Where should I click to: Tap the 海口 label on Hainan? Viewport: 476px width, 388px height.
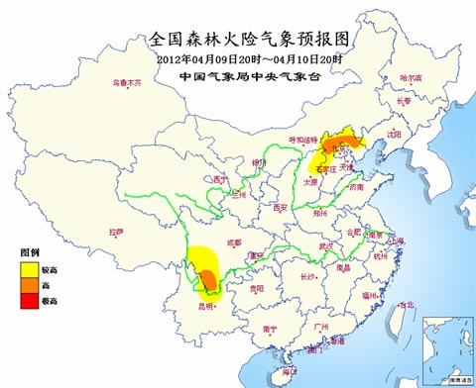pyautogui.click(x=289, y=371)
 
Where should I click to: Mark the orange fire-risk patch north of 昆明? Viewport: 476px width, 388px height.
pyautogui.click(x=208, y=279)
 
